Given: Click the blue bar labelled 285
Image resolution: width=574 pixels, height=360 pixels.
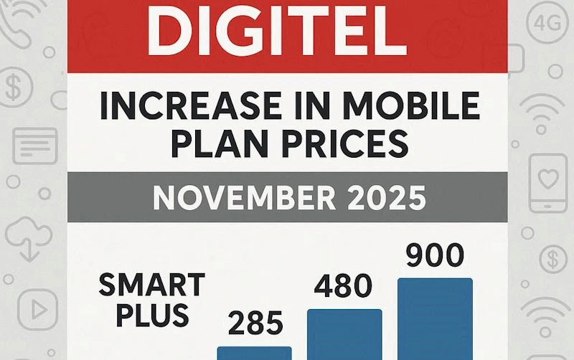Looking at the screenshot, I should point(255,353).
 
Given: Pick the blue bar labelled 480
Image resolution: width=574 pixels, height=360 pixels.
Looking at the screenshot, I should point(344,334).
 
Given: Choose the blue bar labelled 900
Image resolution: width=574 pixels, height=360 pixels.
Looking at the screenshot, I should point(436,318).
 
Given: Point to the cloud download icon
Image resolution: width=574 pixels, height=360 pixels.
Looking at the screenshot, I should point(27,237).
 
